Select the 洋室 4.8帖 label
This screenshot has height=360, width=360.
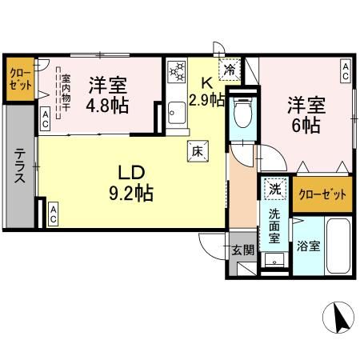point(109,94)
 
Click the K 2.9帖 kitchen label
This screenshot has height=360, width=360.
point(206,90)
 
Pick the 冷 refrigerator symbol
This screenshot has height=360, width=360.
point(230,70)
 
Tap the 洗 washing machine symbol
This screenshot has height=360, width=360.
point(274,190)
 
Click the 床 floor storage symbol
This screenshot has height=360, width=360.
point(196,148)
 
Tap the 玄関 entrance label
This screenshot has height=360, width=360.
point(242,250)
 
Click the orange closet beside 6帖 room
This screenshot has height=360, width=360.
point(322,194)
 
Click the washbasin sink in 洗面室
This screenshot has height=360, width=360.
point(274,260)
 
